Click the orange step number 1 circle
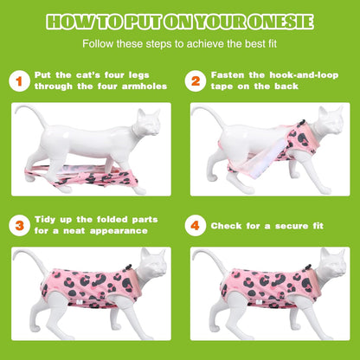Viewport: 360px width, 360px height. (x=19, y=81)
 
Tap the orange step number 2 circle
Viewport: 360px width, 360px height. (x=196, y=81)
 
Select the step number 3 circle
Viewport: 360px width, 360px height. (x=19, y=226)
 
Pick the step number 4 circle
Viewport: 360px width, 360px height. (x=196, y=226)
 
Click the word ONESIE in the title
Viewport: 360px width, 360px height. (x=281, y=22)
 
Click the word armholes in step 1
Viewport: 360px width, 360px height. (x=145, y=87)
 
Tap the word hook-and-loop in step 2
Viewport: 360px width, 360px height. (x=304, y=75)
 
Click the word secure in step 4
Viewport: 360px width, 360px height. (x=292, y=226)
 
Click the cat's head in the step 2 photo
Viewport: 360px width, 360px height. (x=331, y=120)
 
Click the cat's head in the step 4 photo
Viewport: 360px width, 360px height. (x=333, y=263)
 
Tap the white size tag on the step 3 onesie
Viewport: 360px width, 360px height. (x=80, y=301)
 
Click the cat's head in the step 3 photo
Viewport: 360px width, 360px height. (x=153, y=263)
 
